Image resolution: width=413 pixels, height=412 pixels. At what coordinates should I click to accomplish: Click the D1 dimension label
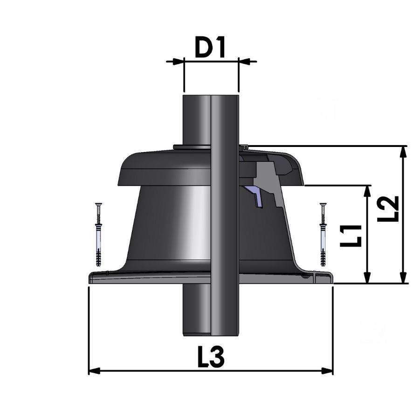210,48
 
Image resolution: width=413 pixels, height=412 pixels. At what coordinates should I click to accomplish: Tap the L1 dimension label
351,236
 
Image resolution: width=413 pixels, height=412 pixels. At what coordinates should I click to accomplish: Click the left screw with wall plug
98,234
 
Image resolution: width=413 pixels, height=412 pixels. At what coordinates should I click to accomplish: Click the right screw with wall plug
323,234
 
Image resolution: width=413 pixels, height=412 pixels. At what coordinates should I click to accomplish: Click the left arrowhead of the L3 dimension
94,371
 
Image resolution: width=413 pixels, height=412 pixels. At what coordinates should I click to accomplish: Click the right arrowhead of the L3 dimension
327,371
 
